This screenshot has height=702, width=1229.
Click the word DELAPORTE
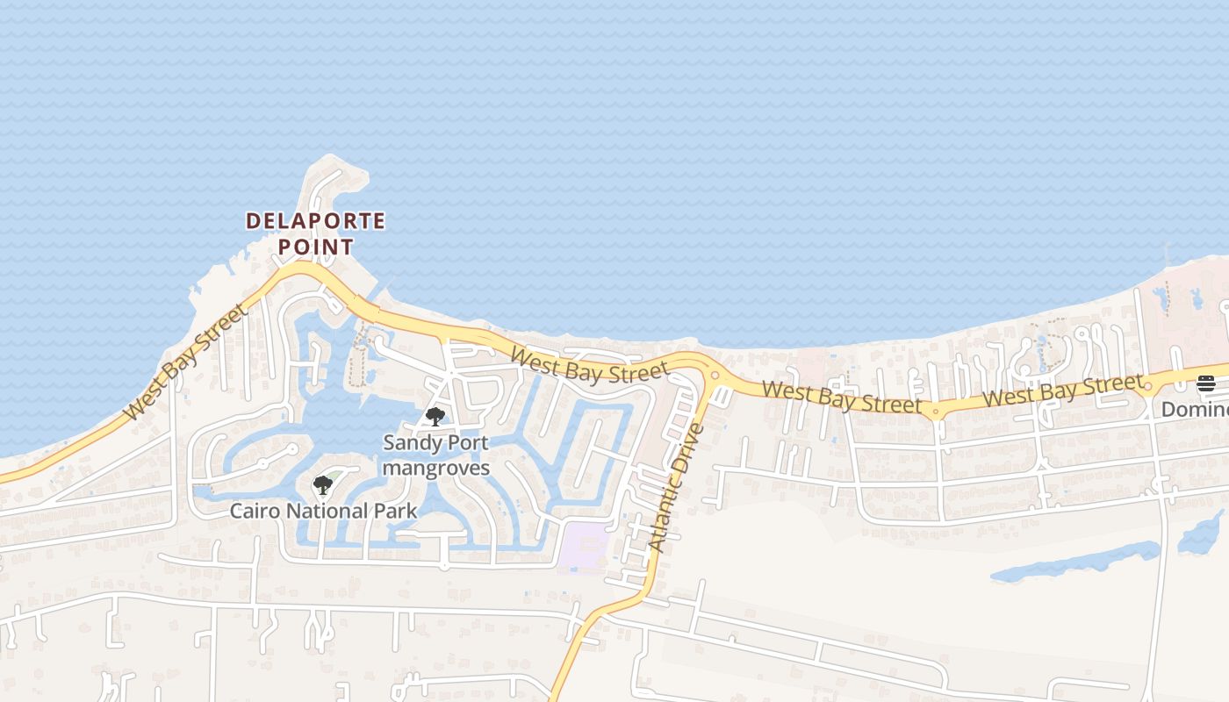pyautogui.click(x=315, y=221)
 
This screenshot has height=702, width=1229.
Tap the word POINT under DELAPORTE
pyautogui.click(x=315, y=247)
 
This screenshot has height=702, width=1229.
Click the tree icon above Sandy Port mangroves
pyautogui.click(x=435, y=417)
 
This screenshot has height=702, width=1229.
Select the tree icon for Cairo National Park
pyautogui.click(x=323, y=484)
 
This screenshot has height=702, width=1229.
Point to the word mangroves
pyautogui.click(x=435, y=468)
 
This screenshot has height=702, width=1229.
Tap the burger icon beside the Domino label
pyautogui.click(x=1206, y=383)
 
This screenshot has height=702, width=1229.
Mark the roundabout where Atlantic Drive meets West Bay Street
pyautogui.click(x=714, y=376)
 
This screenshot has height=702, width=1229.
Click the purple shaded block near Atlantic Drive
pyautogui.click(x=584, y=546)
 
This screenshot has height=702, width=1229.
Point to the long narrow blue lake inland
pyautogui.click(x=1075, y=562)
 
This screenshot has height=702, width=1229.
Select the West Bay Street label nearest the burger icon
pyautogui.click(x=1063, y=390)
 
